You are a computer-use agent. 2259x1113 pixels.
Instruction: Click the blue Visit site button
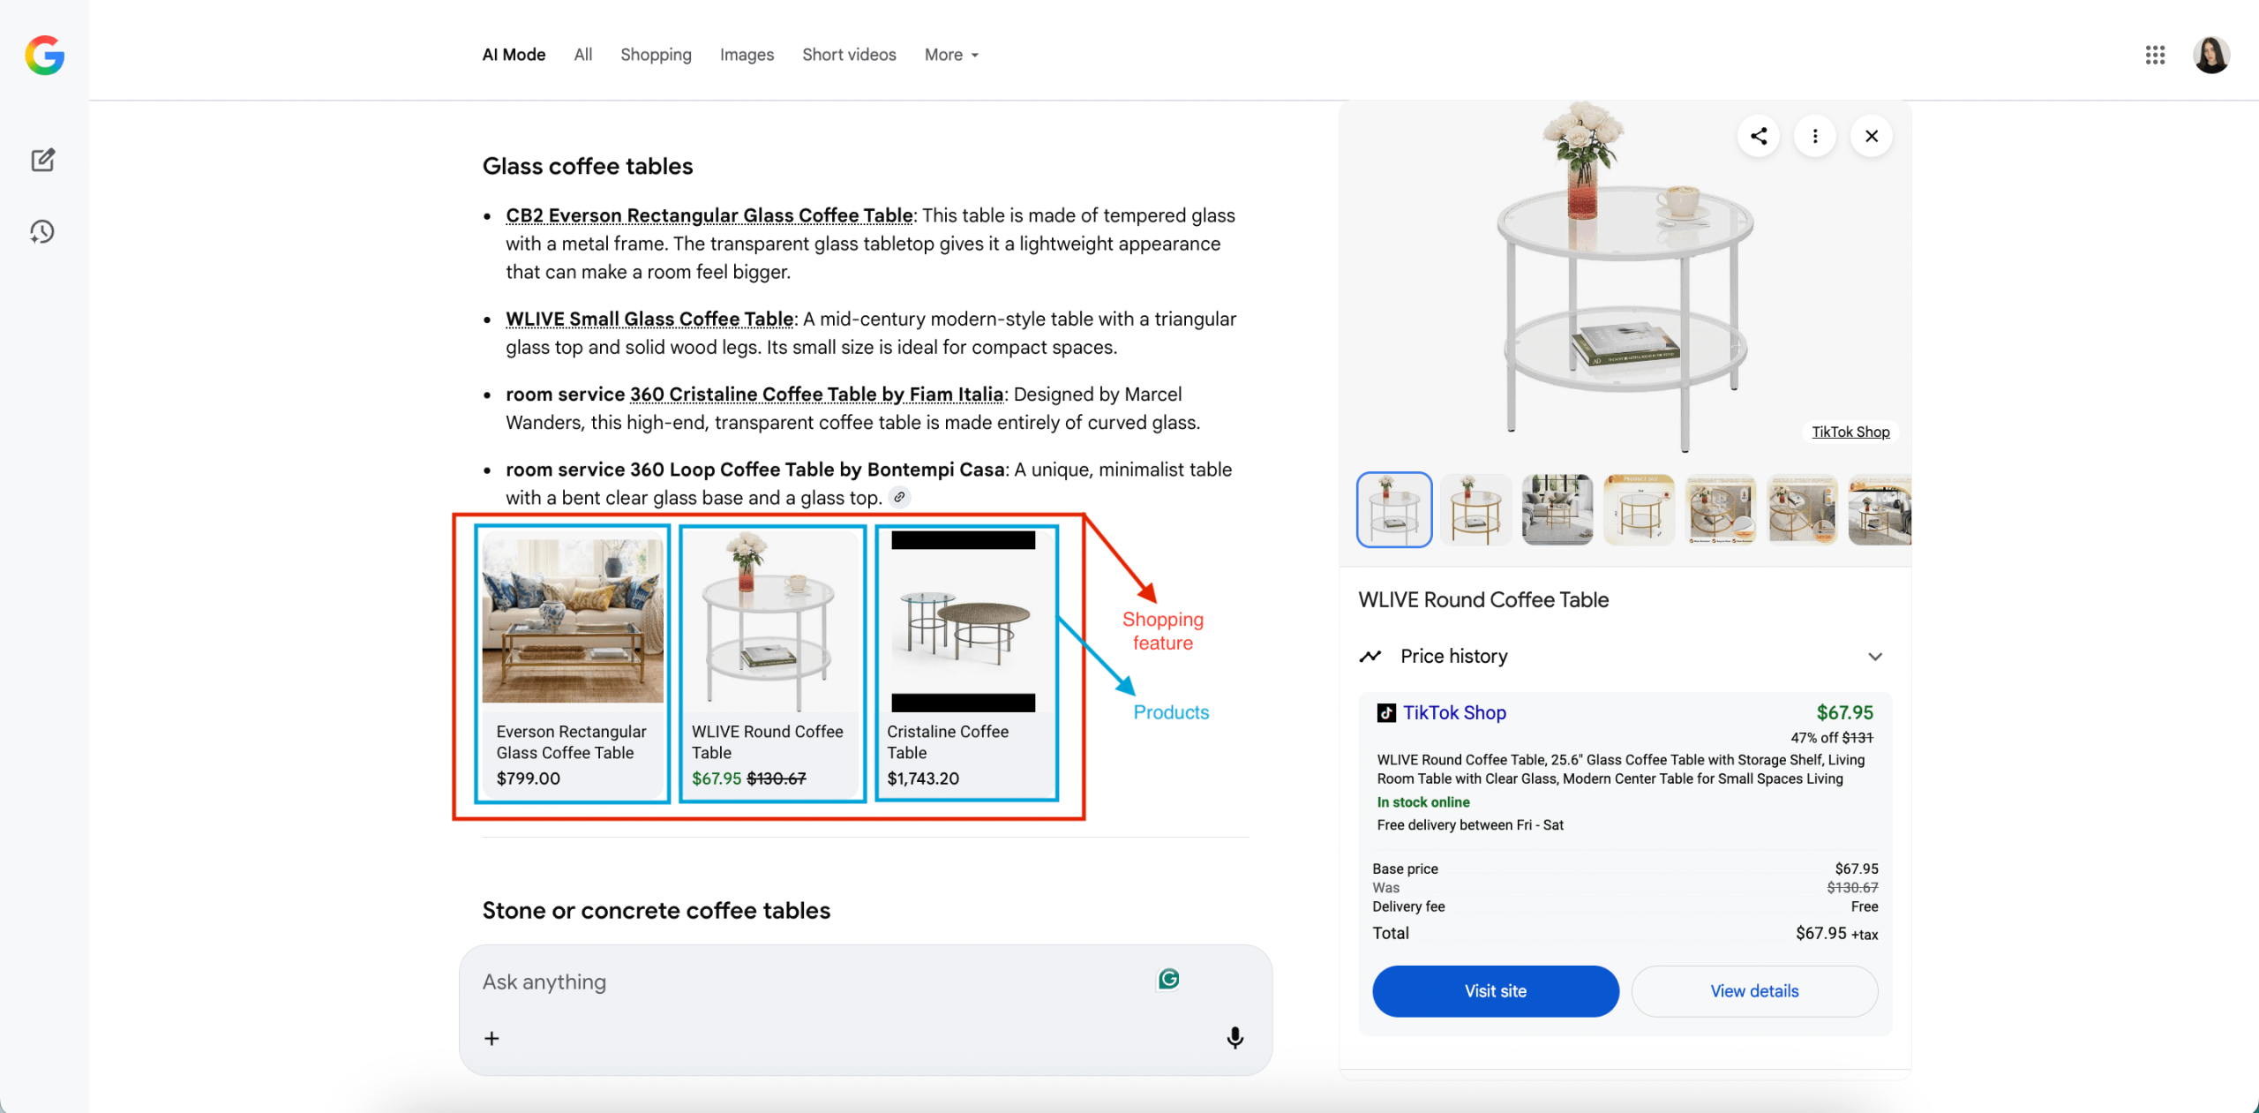tap(1495, 990)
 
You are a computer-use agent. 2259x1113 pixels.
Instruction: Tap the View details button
tap(1753, 990)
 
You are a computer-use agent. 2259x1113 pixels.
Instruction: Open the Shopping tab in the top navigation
tap(656, 55)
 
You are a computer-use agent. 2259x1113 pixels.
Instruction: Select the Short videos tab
tap(849, 55)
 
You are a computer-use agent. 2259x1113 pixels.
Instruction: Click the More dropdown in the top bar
tap(951, 55)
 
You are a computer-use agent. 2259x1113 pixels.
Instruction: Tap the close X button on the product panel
tap(1871, 136)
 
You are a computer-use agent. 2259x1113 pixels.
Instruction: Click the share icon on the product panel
tap(1758, 136)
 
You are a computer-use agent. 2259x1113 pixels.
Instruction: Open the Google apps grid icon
tap(2155, 55)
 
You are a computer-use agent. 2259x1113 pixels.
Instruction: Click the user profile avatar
tap(2210, 55)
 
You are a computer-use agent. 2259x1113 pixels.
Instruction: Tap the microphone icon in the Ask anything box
tap(1235, 1038)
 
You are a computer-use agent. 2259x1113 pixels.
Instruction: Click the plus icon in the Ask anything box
tap(492, 1039)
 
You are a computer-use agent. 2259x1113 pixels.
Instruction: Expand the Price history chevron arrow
tap(1875, 657)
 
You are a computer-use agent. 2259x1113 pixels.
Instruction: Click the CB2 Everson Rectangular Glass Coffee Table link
tap(709, 215)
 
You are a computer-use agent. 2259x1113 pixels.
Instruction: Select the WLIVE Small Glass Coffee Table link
tap(649, 319)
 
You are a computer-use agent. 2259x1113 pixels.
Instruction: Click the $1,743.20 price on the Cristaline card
tap(923, 778)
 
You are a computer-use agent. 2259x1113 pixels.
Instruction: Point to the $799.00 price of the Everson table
tap(529, 778)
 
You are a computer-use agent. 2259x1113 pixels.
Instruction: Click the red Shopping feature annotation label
tap(1163, 631)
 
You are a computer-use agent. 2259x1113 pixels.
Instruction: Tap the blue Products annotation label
tap(1171, 712)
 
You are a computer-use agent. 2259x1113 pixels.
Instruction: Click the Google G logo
tap(45, 56)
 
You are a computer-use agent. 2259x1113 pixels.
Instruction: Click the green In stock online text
tap(1423, 802)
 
